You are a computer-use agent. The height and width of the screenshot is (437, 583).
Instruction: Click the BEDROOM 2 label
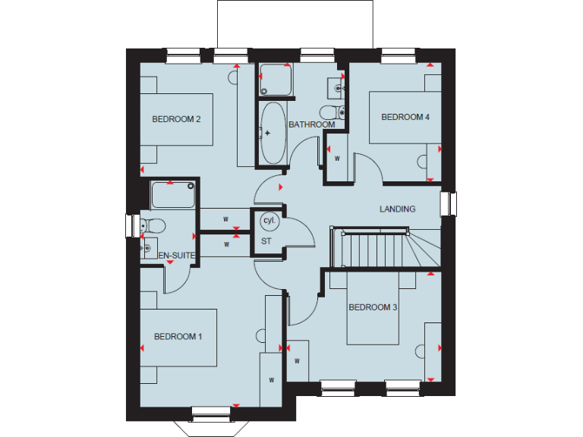pos(176,119)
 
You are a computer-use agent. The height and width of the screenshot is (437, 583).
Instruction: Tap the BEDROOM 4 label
pos(405,118)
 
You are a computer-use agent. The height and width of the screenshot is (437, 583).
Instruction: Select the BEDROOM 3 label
pos(373,307)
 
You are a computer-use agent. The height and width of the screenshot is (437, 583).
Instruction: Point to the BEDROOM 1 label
pos(178,337)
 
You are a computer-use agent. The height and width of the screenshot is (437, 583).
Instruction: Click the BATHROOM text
pos(311,124)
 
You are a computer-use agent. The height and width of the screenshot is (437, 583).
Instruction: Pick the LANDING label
pos(398,209)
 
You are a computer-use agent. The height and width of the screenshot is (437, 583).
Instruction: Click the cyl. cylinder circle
pos(268,221)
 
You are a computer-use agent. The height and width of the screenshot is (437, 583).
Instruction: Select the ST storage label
pos(266,241)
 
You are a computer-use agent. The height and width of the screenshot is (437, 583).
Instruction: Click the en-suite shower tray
pos(173,196)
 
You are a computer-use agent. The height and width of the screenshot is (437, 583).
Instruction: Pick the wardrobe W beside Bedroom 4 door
pos(336,158)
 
